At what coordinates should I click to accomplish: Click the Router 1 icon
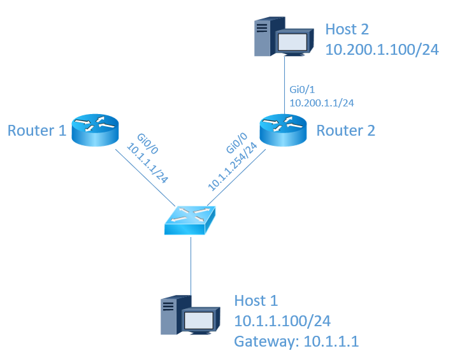95,131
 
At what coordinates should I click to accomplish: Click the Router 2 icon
285,131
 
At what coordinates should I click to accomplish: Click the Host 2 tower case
263,36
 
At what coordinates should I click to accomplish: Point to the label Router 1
37,131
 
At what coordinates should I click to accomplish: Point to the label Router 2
345,131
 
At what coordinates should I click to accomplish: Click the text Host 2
347,29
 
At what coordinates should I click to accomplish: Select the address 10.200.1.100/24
381,50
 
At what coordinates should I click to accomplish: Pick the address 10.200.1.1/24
322,102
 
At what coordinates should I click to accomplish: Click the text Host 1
256,301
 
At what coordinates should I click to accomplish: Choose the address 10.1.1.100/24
282,320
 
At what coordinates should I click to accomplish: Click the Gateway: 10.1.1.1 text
296,342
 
